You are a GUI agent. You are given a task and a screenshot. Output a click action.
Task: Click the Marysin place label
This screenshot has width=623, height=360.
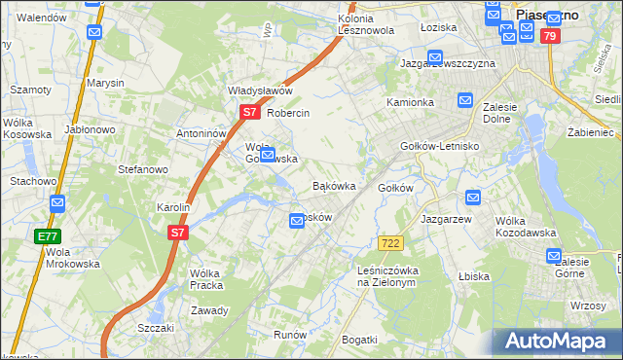(x=105, y=83)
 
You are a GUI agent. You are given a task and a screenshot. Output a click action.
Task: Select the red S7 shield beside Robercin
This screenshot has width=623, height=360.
(x=249, y=112)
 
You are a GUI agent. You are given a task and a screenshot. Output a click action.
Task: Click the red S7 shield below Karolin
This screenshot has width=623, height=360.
(x=176, y=233)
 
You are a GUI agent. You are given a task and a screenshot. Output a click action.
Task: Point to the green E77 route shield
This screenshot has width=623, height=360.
(x=48, y=236)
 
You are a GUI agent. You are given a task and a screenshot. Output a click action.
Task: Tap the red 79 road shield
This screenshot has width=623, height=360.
(x=550, y=37)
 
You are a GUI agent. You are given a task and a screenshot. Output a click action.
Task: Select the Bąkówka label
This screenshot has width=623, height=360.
(x=333, y=185)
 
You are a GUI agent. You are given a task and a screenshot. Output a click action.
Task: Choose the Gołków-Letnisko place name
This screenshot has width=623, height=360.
(x=439, y=146)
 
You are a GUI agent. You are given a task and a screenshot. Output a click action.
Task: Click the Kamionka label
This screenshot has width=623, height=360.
(x=410, y=102)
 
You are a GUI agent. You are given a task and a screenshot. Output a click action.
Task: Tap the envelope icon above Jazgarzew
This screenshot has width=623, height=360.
(x=473, y=198)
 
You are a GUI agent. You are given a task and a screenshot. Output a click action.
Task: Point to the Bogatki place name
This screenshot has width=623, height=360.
(x=359, y=339)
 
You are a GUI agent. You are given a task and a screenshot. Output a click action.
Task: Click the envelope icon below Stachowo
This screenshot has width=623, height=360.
(x=56, y=203)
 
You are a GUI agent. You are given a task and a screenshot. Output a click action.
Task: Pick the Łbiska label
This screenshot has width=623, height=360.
(x=473, y=276)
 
